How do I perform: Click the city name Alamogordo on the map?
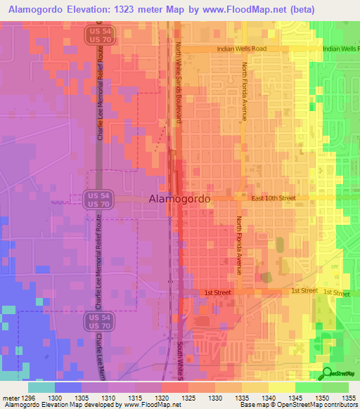(x=179, y=200)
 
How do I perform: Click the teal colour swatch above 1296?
(x=41, y=387)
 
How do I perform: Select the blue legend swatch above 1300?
(x=68, y=387)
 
